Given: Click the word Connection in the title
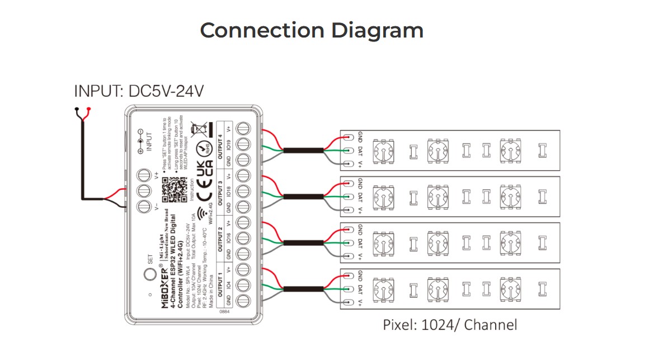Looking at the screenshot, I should [262, 30].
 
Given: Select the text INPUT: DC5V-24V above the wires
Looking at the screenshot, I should [139, 91].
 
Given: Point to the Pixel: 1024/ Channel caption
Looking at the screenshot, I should [450, 324].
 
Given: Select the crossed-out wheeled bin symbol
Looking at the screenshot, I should [197, 128].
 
